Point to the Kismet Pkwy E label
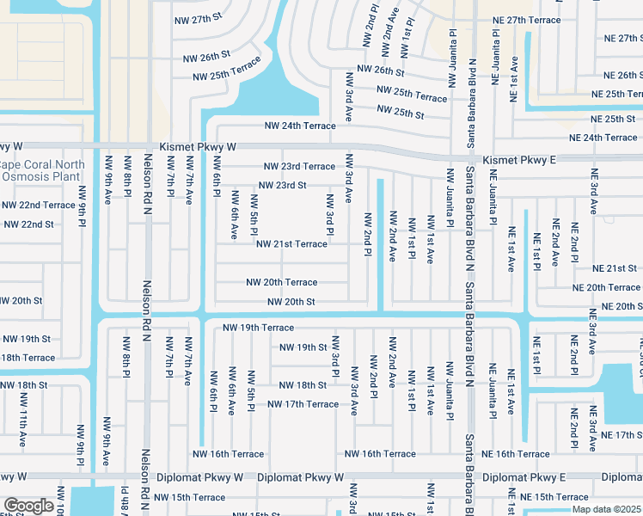(x=519, y=160)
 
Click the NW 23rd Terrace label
(x=299, y=166)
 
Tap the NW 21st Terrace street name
(x=291, y=243)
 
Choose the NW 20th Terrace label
(x=282, y=282)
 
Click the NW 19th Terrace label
(x=258, y=328)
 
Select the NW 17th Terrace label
(x=303, y=404)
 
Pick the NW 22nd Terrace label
(x=39, y=205)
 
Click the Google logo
(x=28, y=506)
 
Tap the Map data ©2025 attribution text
(x=606, y=509)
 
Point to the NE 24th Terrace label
(x=603, y=138)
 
